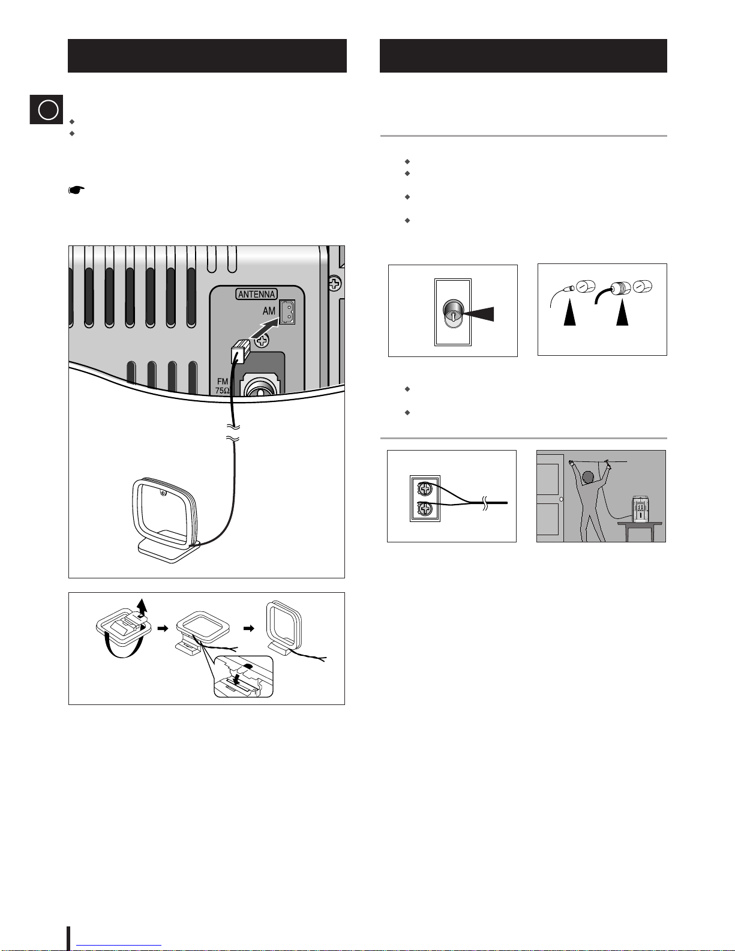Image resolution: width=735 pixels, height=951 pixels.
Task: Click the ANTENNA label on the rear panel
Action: tap(256, 294)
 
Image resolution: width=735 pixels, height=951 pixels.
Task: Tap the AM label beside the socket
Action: tap(269, 311)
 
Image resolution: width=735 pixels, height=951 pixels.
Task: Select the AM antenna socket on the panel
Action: tap(287, 311)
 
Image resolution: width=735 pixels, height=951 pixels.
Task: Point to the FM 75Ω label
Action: tap(222, 386)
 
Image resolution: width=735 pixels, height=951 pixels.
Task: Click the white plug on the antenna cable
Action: tap(240, 352)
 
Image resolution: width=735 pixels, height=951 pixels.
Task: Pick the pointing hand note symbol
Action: tap(76, 190)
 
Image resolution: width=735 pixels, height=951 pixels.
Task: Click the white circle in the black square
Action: tap(48, 110)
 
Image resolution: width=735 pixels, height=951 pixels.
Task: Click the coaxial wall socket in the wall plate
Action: tap(453, 313)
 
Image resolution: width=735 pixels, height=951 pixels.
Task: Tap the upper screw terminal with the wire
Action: tap(425, 488)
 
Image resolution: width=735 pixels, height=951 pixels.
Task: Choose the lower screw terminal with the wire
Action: tap(425, 509)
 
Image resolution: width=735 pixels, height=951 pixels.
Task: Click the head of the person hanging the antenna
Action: tap(588, 477)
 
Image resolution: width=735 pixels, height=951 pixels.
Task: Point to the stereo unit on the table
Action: tap(640, 509)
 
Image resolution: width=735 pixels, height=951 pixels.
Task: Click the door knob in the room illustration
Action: tap(562, 499)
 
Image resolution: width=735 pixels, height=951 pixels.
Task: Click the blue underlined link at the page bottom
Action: tap(119, 945)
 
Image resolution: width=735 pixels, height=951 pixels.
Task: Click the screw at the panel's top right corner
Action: tap(335, 284)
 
